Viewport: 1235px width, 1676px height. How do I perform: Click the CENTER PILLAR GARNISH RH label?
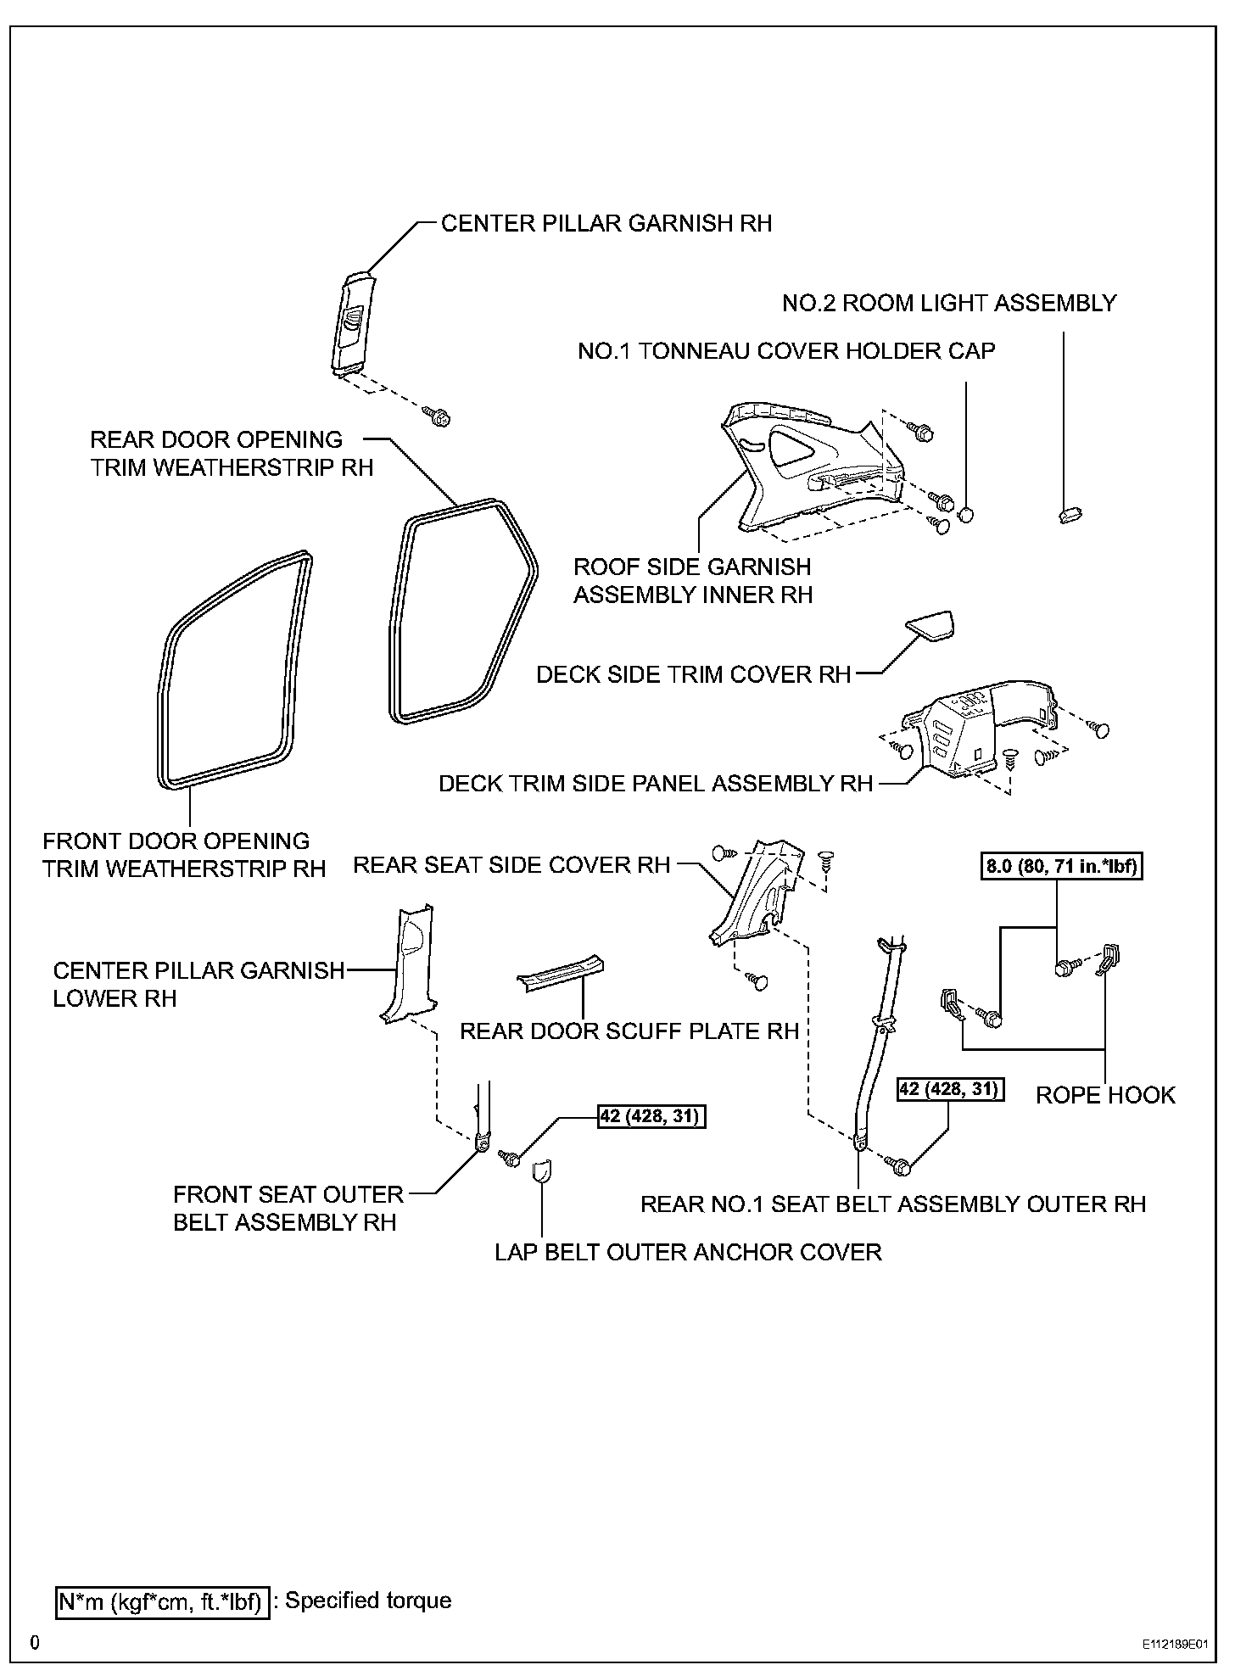click(606, 223)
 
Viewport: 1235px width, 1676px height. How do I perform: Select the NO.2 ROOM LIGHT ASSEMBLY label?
click(949, 303)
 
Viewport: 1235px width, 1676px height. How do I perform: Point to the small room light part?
click(1072, 513)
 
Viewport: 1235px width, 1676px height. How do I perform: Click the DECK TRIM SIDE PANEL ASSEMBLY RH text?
click(655, 783)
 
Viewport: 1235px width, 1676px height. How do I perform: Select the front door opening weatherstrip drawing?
click(233, 670)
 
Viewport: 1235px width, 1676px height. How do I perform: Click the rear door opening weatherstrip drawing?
click(462, 611)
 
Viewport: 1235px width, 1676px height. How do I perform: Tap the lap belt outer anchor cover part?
click(540, 1171)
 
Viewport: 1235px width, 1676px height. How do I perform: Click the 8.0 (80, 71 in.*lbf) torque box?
click(1062, 867)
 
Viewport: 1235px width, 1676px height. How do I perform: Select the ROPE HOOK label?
click(1105, 1095)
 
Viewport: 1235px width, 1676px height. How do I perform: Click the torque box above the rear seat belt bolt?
click(950, 1089)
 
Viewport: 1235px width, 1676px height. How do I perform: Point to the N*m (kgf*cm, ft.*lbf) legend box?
click(161, 1601)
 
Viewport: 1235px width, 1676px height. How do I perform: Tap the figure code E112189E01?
click(1174, 1644)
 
